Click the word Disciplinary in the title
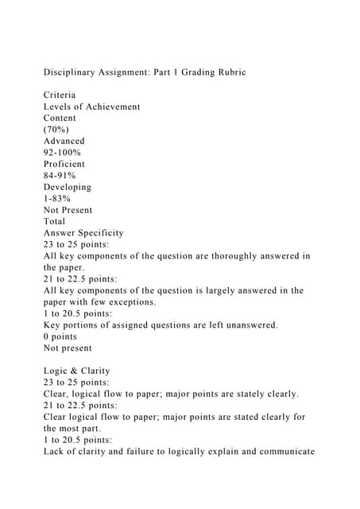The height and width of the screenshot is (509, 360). pos(72,72)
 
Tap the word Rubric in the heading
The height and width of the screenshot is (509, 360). pos(228,72)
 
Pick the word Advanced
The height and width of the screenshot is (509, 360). pos(64,141)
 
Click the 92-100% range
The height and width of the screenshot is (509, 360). pos(62,152)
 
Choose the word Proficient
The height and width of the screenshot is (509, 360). pos(66,164)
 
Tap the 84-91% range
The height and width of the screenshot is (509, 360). pos(60,175)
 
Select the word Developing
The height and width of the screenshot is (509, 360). pos(68,187)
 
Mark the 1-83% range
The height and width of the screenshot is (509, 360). pos(56,198)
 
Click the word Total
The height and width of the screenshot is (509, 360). pos(55,221)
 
